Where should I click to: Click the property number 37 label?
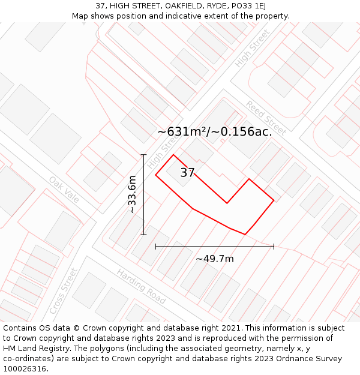[187, 173]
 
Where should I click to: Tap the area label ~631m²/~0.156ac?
[215, 132]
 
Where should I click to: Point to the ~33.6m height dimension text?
[132, 194]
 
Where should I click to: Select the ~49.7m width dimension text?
[215, 259]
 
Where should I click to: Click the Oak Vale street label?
[64, 189]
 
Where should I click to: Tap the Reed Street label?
[265, 118]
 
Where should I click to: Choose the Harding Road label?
[141, 286]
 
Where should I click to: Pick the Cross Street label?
[64, 290]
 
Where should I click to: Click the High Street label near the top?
[253, 48]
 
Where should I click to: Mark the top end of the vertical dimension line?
[143, 155]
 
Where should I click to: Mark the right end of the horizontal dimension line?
[274, 246]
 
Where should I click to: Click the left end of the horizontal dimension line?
[155, 246]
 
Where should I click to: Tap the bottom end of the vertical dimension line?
[143, 235]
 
